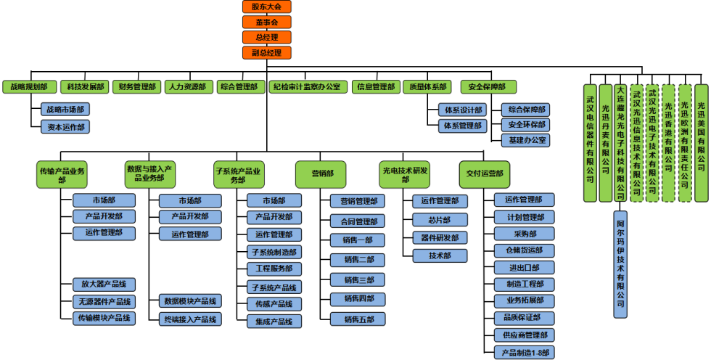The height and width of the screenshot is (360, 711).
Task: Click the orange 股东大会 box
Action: [x=266, y=7]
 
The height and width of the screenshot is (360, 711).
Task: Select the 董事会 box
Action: [x=266, y=22]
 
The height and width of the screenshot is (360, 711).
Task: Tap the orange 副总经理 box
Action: [x=266, y=52]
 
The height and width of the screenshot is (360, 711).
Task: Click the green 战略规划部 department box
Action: [x=29, y=87]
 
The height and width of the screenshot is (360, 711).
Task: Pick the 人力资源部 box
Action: [x=188, y=87]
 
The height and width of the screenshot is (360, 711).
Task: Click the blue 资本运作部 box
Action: [x=65, y=126]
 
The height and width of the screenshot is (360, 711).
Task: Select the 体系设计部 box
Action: [x=462, y=110]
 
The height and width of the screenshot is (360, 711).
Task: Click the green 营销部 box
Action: [x=321, y=174]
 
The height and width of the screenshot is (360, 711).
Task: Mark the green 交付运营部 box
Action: [x=484, y=174]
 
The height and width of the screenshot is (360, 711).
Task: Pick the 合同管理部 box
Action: [x=358, y=221]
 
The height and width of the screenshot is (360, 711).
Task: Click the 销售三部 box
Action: [x=358, y=279]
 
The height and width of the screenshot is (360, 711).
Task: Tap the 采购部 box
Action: [x=524, y=234]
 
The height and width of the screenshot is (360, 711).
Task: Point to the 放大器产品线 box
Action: [x=103, y=284]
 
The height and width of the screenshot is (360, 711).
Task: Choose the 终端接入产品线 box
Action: [x=190, y=319]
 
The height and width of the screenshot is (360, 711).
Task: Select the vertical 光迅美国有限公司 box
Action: [x=701, y=138]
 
